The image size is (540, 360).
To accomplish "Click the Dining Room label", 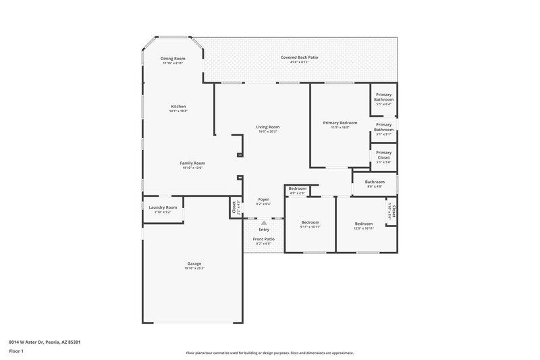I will [x=173, y=59].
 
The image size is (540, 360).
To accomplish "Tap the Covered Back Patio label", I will [x=299, y=57].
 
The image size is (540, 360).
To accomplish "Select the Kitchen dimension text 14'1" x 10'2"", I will [x=178, y=111].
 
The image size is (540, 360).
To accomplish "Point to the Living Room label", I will [x=267, y=127].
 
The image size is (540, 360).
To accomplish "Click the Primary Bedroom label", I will [x=340, y=123].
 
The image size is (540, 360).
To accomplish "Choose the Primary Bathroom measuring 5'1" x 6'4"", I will [x=383, y=99].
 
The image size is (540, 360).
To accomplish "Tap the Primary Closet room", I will [x=383, y=155].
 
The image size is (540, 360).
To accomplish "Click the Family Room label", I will [x=192, y=163].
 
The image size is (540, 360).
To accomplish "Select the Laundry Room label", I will [x=163, y=207].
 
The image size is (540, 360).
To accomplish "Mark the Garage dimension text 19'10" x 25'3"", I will [x=194, y=268].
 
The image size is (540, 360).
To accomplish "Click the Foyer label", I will [x=263, y=199].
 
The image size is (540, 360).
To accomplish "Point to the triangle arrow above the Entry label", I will [x=263, y=222].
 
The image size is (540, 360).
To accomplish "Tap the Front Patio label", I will [x=263, y=239].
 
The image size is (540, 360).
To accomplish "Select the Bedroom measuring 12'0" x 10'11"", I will [x=364, y=224].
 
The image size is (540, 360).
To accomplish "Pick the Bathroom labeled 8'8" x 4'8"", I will [x=375, y=183].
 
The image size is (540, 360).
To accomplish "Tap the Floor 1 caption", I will [x=17, y=352].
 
